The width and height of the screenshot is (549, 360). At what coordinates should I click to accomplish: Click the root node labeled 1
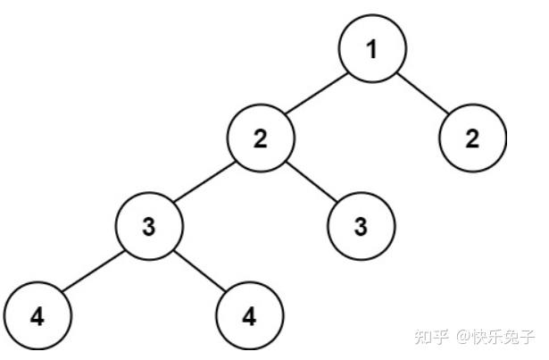point(372,48)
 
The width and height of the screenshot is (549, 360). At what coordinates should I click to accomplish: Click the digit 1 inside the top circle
point(372,48)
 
